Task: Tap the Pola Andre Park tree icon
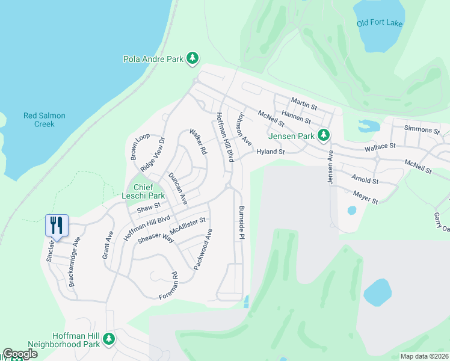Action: [x=193, y=58]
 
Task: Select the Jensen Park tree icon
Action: [x=324, y=135]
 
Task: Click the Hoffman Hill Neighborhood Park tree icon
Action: [x=109, y=339]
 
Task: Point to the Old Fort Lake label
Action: [x=379, y=23]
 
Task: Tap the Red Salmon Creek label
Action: [x=44, y=120]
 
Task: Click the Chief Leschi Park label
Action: [x=148, y=191]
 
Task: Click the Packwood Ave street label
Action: [x=203, y=248]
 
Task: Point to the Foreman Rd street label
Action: [x=169, y=286]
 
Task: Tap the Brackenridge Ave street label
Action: [x=74, y=261]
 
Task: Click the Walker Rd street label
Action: [x=198, y=142]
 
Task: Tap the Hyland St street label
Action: [x=270, y=152]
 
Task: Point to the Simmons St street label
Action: [x=422, y=129]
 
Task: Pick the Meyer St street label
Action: [x=365, y=197]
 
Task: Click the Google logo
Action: [x=20, y=354]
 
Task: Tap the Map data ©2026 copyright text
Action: [x=424, y=356]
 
